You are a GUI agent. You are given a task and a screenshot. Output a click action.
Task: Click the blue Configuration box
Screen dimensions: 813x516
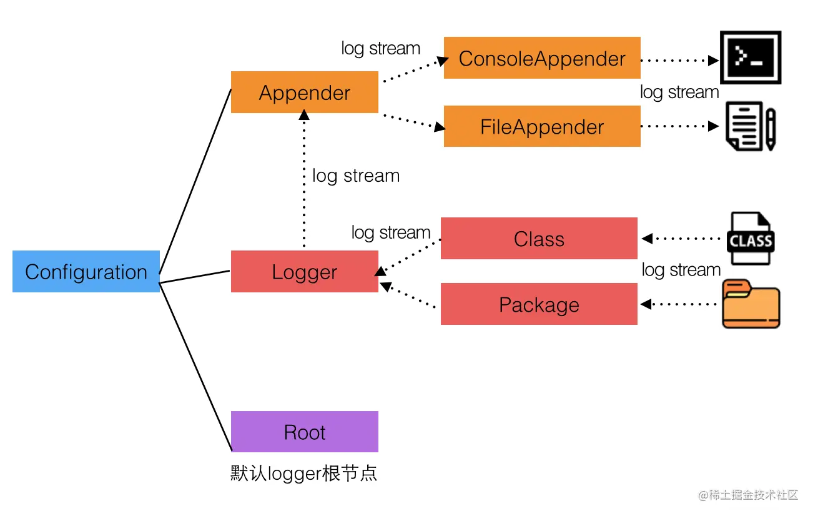[x=86, y=271]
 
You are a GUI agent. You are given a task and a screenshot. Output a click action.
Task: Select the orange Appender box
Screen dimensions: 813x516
[x=305, y=92]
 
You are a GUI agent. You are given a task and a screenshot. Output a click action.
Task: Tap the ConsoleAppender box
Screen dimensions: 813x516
[x=542, y=57]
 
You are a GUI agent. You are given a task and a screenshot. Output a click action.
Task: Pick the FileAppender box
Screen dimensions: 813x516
[x=542, y=126]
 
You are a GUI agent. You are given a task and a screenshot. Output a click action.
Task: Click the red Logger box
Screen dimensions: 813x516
[x=305, y=271]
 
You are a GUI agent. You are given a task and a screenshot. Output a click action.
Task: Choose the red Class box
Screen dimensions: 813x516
[x=539, y=238]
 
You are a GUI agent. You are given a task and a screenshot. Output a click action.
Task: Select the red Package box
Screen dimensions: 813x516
[x=539, y=304]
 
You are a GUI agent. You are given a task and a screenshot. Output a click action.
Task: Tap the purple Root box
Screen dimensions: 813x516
[x=305, y=432]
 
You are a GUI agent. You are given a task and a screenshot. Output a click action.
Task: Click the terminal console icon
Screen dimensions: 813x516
[x=751, y=57]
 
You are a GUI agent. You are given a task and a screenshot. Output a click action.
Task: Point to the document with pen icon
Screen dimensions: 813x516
[x=751, y=126]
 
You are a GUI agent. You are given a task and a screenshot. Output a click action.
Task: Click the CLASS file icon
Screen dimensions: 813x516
[x=751, y=238]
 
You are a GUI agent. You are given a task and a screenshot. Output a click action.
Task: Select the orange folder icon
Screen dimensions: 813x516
[x=751, y=304]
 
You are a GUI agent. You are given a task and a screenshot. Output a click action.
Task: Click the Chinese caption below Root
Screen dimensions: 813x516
[x=304, y=473]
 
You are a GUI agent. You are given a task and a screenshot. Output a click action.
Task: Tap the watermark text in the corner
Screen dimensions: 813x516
[x=748, y=495]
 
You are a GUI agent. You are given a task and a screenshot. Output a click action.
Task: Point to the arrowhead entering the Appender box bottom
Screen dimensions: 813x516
[x=304, y=115]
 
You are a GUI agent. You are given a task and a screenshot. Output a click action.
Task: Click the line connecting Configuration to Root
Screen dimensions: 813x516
[x=195, y=367]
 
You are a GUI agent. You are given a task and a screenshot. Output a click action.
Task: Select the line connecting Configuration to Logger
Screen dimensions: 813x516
[x=195, y=277]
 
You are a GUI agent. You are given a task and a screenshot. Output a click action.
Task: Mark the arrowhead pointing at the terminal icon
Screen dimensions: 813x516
[x=714, y=61]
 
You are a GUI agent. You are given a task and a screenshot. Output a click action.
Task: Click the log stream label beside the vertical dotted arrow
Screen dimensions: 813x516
[x=356, y=176]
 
